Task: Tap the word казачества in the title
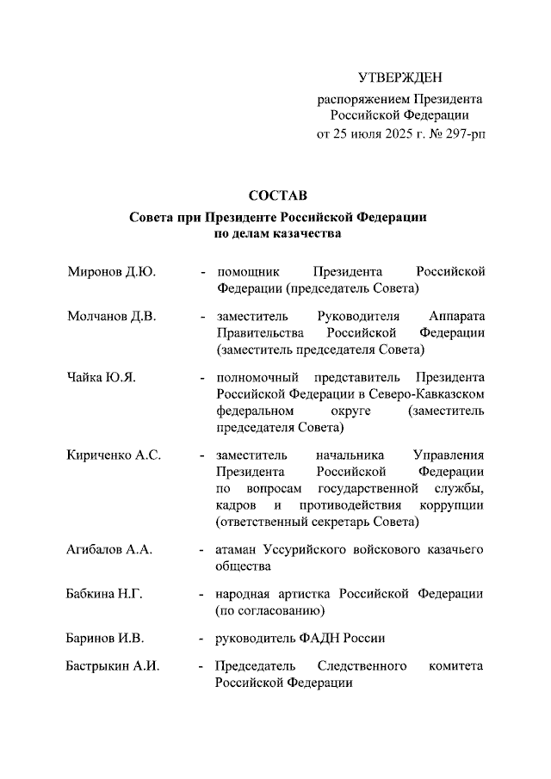306,233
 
